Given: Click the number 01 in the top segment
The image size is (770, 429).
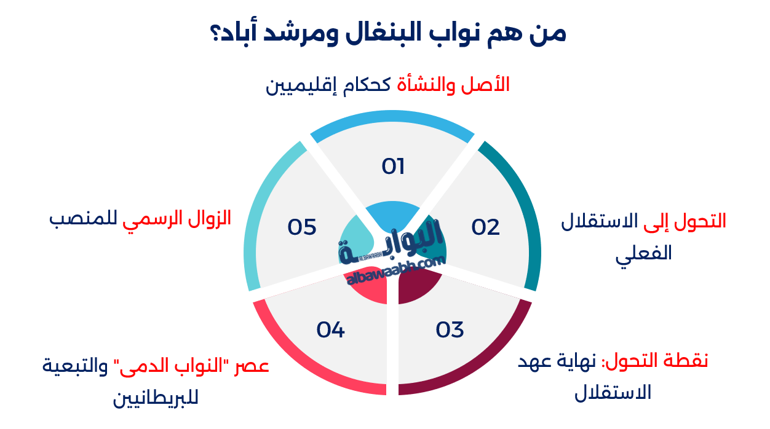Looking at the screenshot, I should pos(393,167).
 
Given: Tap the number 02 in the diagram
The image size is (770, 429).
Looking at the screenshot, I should pos(486,227).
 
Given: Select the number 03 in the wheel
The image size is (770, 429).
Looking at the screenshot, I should pos(450,330).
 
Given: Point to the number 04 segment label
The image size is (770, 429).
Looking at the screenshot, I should pos(331,330).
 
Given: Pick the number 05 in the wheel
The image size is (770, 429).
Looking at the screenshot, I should pos(302,227).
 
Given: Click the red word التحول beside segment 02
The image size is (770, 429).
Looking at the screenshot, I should pos(701,222).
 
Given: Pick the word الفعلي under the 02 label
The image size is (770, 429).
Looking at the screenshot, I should pos(644,253).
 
